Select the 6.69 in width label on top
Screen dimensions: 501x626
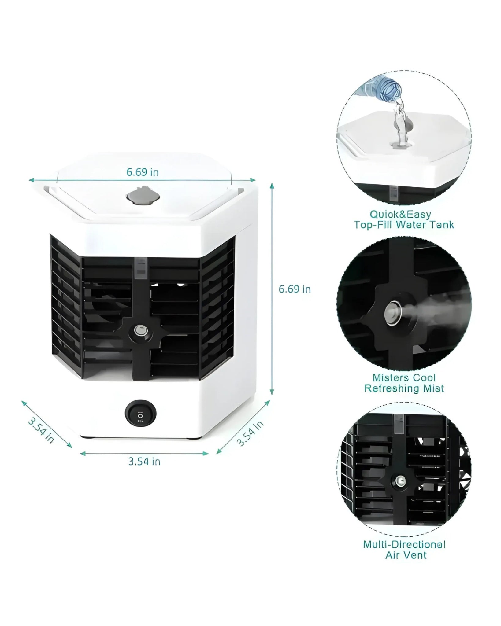point(143,172)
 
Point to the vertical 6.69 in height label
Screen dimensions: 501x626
point(295,289)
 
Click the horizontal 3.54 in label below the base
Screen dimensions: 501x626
point(144,462)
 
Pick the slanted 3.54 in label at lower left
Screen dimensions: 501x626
point(41,431)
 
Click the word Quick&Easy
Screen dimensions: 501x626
point(400,215)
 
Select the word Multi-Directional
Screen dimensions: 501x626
point(404,545)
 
